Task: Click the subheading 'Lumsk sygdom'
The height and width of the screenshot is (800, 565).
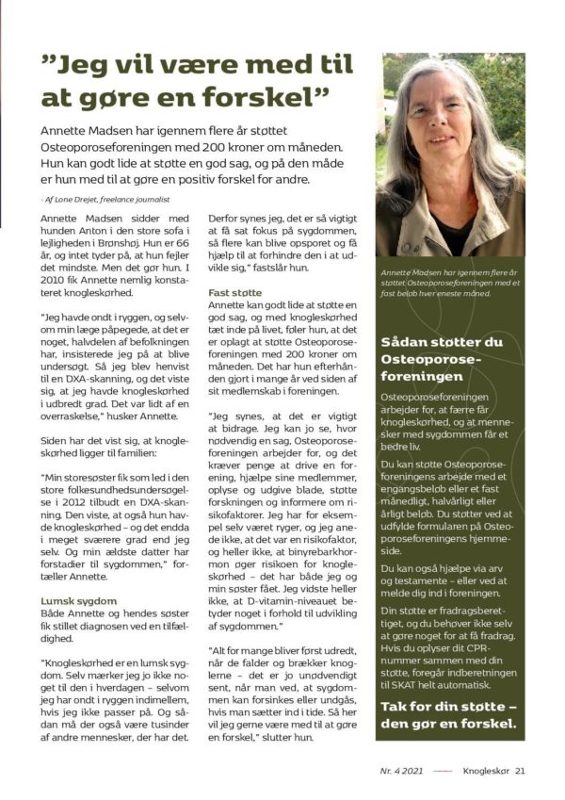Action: (x=78, y=599)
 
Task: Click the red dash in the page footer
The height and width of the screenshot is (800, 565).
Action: (x=443, y=770)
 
